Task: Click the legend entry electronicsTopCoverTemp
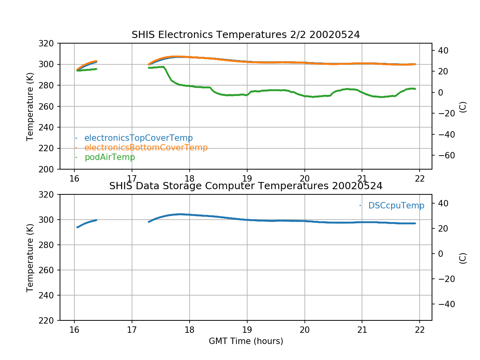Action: pos(138,138)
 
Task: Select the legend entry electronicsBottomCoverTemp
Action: pos(146,148)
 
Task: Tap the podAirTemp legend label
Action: pos(110,157)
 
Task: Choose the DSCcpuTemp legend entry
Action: pos(396,206)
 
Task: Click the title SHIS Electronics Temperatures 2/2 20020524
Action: pos(246,35)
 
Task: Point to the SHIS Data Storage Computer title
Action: pos(246,186)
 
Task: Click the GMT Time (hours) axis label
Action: pos(246,341)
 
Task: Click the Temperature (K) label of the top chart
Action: pos(30,106)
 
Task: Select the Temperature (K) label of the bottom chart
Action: pos(30,258)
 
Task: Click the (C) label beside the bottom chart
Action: pos(463,258)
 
